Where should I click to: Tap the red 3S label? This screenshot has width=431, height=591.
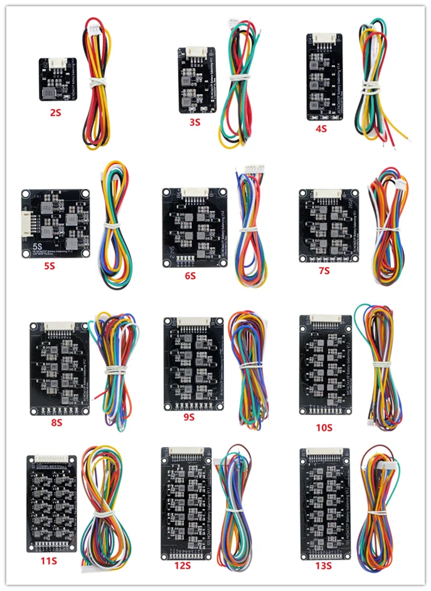(x=195, y=122)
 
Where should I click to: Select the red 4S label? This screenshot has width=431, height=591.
(x=321, y=129)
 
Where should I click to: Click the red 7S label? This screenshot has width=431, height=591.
(x=324, y=270)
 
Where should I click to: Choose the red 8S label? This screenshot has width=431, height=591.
(x=56, y=422)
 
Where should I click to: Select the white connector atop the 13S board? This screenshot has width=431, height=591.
(x=324, y=452)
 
